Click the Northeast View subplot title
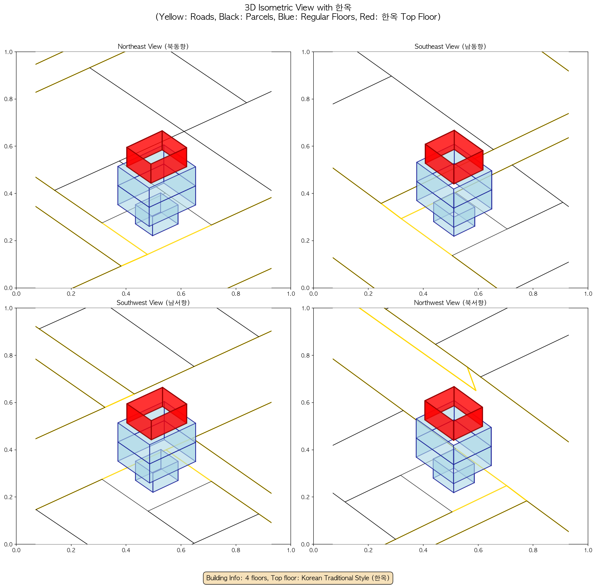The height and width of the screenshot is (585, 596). tap(153, 46)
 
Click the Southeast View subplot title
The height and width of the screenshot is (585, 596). tap(450, 46)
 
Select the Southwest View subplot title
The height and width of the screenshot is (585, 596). tap(153, 303)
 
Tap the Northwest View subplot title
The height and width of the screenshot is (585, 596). tap(450, 303)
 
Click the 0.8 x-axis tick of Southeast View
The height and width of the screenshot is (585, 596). tap(533, 294)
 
